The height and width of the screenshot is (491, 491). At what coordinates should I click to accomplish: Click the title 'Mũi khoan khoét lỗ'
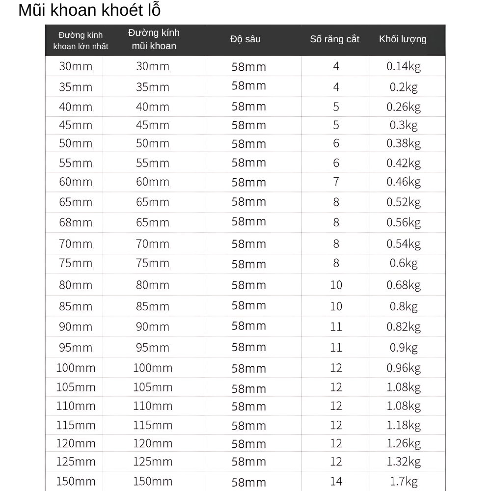(89, 10)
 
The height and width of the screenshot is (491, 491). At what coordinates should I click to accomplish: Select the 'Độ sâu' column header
(245, 39)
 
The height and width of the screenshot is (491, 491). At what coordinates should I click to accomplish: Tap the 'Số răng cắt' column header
(334, 39)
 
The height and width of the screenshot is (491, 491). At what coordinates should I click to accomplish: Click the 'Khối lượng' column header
(403, 39)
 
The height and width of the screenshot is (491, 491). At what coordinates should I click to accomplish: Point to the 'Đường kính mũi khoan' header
(154, 39)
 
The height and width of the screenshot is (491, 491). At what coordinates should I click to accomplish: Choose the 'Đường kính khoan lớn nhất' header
(81, 41)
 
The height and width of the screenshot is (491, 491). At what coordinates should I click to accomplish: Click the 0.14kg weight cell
(403, 66)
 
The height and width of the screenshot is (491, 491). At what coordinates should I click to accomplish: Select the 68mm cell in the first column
(76, 222)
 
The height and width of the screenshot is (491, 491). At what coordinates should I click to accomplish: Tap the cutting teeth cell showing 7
(336, 182)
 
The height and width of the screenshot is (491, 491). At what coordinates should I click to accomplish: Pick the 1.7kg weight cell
(403, 481)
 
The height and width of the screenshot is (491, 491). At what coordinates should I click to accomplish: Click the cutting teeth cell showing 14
(336, 481)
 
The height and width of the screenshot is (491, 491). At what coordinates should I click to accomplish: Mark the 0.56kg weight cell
(403, 222)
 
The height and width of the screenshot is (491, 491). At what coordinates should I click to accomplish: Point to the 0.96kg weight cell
(403, 368)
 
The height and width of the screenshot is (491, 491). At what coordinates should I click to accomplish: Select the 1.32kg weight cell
(403, 462)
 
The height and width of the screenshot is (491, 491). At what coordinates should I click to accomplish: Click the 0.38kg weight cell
(403, 143)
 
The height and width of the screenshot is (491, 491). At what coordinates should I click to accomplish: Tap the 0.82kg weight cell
(403, 327)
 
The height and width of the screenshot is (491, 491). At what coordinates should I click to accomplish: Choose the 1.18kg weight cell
(403, 425)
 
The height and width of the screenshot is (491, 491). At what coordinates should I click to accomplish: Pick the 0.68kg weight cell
(403, 285)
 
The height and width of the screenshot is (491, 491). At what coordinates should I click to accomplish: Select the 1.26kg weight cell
(403, 443)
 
